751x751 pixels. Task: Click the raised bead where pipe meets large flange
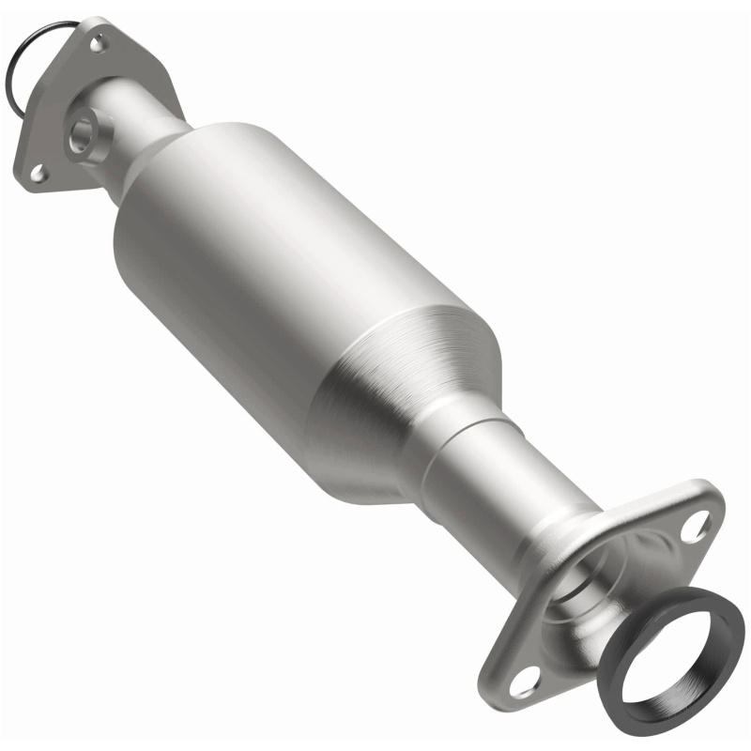tap(554, 544)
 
